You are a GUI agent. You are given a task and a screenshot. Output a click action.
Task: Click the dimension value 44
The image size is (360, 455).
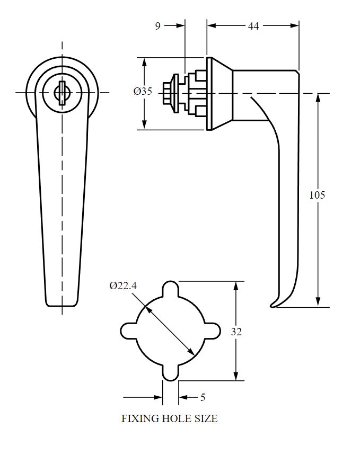click(x=253, y=25)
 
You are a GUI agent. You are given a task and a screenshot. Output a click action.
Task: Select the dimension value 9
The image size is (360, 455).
click(x=157, y=25)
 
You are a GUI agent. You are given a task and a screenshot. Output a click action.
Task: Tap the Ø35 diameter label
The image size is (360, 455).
click(x=142, y=91)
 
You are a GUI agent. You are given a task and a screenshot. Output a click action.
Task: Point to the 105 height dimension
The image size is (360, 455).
click(x=317, y=195)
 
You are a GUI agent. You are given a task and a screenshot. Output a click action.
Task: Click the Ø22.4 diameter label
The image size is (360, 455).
click(x=123, y=286)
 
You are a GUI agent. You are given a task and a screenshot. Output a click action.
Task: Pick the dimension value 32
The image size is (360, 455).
click(x=236, y=332)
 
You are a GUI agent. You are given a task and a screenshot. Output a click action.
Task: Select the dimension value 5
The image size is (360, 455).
click(x=203, y=397)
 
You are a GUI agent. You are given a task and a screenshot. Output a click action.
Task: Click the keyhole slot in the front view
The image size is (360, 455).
click(x=62, y=92)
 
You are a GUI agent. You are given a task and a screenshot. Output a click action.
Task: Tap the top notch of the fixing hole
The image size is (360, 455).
click(x=171, y=289)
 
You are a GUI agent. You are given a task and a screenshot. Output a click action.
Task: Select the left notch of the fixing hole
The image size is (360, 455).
click(x=128, y=331)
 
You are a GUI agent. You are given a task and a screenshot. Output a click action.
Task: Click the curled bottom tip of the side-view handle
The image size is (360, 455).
click(x=274, y=304)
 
